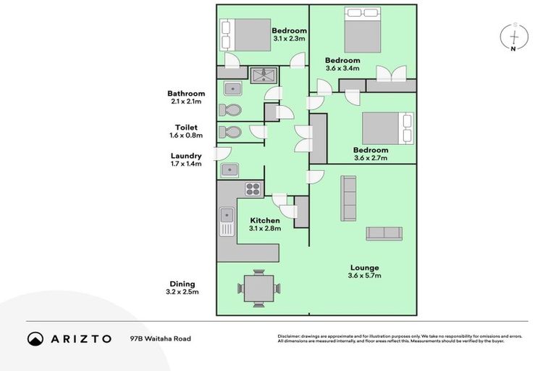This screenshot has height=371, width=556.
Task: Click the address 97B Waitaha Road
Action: [x=161, y=338]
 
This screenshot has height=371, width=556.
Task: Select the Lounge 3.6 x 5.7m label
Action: [x=364, y=272]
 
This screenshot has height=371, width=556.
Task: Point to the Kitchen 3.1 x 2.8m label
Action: [x=265, y=224]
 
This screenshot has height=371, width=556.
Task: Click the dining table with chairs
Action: [x=258, y=288]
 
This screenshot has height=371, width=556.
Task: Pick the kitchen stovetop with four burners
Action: [x=253, y=189]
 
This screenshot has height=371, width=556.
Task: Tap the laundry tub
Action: [x=230, y=170]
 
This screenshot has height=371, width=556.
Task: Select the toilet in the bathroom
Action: [x=232, y=110]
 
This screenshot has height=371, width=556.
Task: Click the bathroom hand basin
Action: [x=232, y=89]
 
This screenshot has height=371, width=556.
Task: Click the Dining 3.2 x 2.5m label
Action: [x=183, y=288]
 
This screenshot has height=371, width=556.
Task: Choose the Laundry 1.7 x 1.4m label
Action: [x=186, y=159]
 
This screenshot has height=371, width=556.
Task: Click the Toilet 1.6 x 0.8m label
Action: [x=186, y=131]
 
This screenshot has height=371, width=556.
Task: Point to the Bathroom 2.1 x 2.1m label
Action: [x=186, y=97]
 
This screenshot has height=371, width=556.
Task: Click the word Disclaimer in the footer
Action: [x=292, y=337]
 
